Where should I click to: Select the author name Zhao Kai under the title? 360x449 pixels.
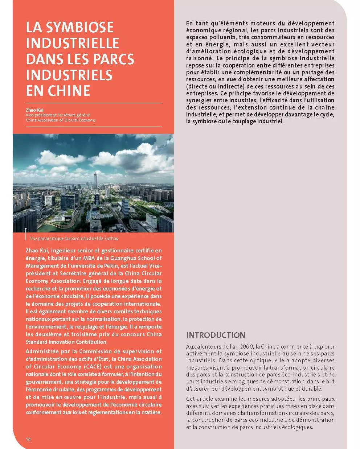click(33, 110)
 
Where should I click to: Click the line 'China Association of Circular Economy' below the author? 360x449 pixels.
click(61, 120)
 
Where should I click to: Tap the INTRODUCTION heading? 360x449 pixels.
click(216, 335)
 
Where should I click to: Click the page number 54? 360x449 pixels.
click(28, 439)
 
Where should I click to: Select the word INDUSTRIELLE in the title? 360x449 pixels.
click(73, 44)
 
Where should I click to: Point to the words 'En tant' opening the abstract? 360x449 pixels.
click(198, 24)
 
